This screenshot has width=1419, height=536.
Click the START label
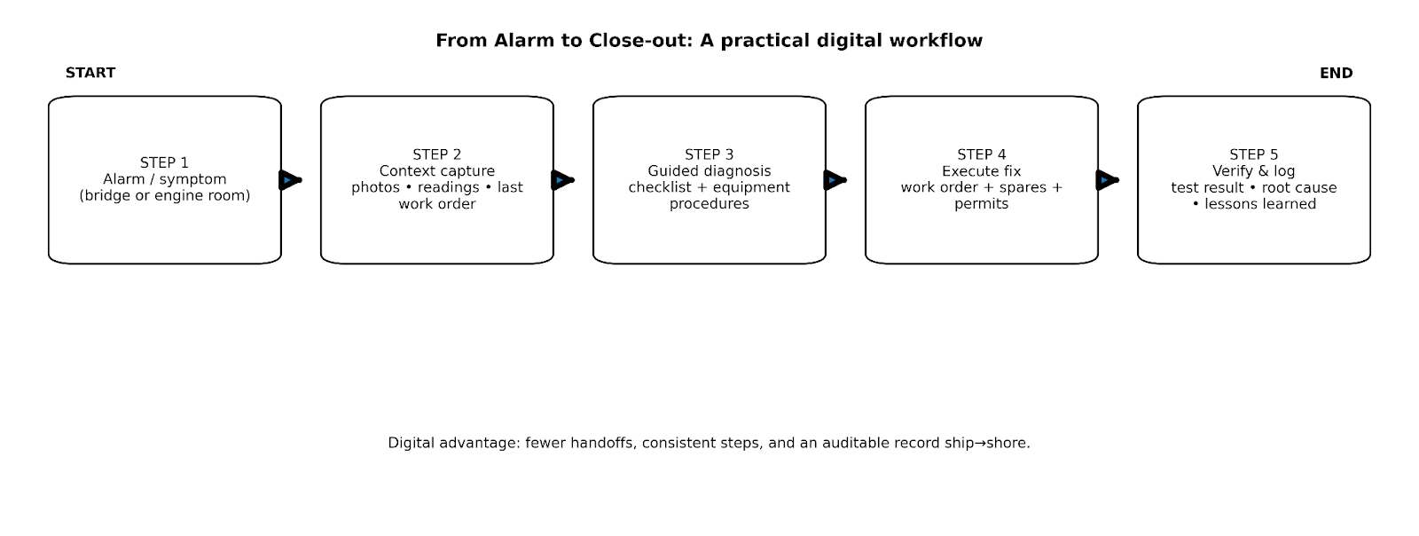pyautogui.click(x=90, y=73)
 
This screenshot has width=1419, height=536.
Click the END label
pyautogui.click(x=1336, y=73)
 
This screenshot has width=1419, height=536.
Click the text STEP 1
pyautogui.click(x=164, y=162)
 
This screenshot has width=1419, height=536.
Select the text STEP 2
pyautogui.click(x=436, y=154)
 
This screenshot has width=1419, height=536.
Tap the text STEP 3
pyautogui.click(x=709, y=154)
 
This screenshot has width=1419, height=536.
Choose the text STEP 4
pyautogui.click(x=981, y=154)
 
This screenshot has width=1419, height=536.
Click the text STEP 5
pyautogui.click(x=1253, y=154)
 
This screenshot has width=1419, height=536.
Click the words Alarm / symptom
pyautogui.click(x=164, y=179)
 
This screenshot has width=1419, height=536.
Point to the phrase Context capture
pyautogui.click(x=436, y=171)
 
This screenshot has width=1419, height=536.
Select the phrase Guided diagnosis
pyautogui.click(x=709, y=171)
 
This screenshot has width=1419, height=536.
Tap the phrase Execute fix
pyautogui.click(x=981, y=171)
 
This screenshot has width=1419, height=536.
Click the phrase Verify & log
pyautogui.click(x=1253, y=171)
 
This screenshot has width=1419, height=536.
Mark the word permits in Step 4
pyautogui.click(x=981, y=204)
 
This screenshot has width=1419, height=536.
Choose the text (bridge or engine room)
pyautogui.click(x=164, y=196)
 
